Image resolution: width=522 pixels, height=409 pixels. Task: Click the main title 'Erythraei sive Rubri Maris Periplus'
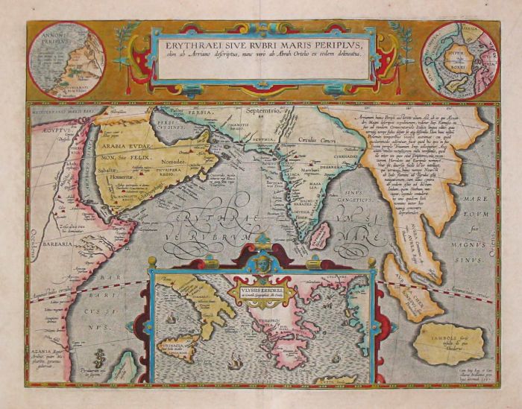tap(260, 44)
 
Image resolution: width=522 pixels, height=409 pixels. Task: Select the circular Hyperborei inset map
tap(459, 59)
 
